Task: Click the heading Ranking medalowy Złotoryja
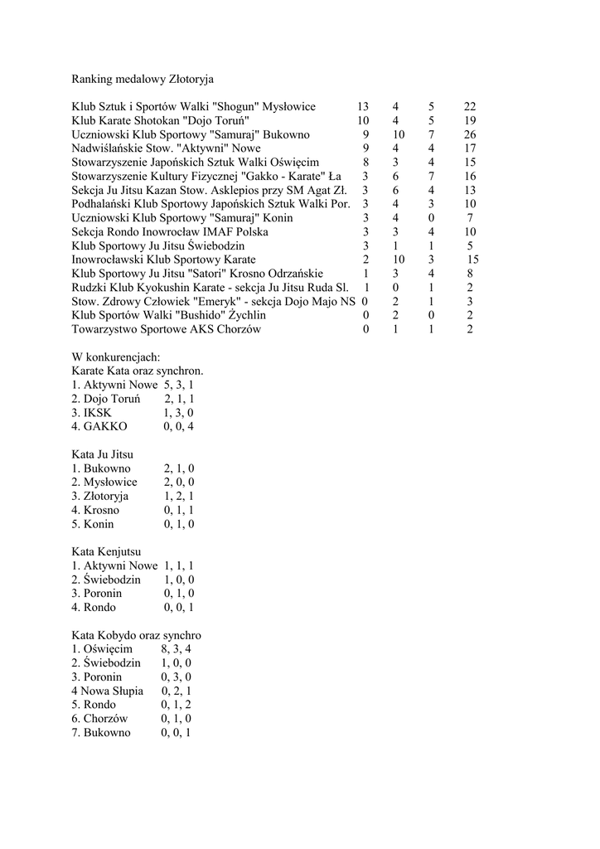[x=143, y=80]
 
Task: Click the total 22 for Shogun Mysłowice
[x=470, y=107]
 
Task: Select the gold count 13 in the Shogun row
[x=363, y=107]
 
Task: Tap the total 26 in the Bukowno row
[x=470, y=134]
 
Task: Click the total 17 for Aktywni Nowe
[x=470, y=148]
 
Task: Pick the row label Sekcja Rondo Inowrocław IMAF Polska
[x=170, y=232]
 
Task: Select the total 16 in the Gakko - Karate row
[x=470, y=177]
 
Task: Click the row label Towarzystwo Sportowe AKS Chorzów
[x=167, y=329]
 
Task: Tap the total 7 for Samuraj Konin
[x=470, y=218]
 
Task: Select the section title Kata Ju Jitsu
[x=103, y=454]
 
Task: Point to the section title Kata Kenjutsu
[x=106, y=551]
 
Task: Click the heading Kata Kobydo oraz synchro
[x=137, y=635]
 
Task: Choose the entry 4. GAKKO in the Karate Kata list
[x=99, y=426]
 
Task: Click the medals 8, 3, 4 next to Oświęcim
[x=177, y=649]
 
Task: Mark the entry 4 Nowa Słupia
[x=108, y=691]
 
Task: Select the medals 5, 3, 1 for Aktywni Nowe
[x=179, y=385]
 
